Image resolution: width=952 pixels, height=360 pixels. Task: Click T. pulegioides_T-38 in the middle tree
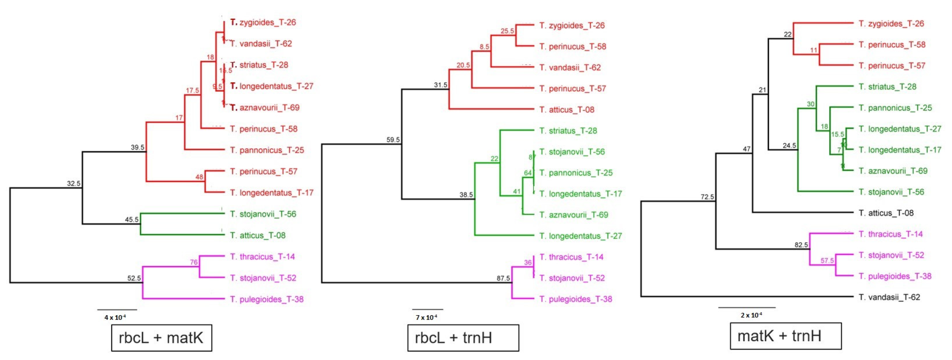tap(575, 299)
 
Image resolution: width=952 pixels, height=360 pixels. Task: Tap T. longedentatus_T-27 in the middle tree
tap(580, 236)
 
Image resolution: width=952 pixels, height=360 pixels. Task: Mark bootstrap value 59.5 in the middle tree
tap(393, 140)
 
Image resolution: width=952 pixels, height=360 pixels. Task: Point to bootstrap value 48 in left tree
tap(199, 177)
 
